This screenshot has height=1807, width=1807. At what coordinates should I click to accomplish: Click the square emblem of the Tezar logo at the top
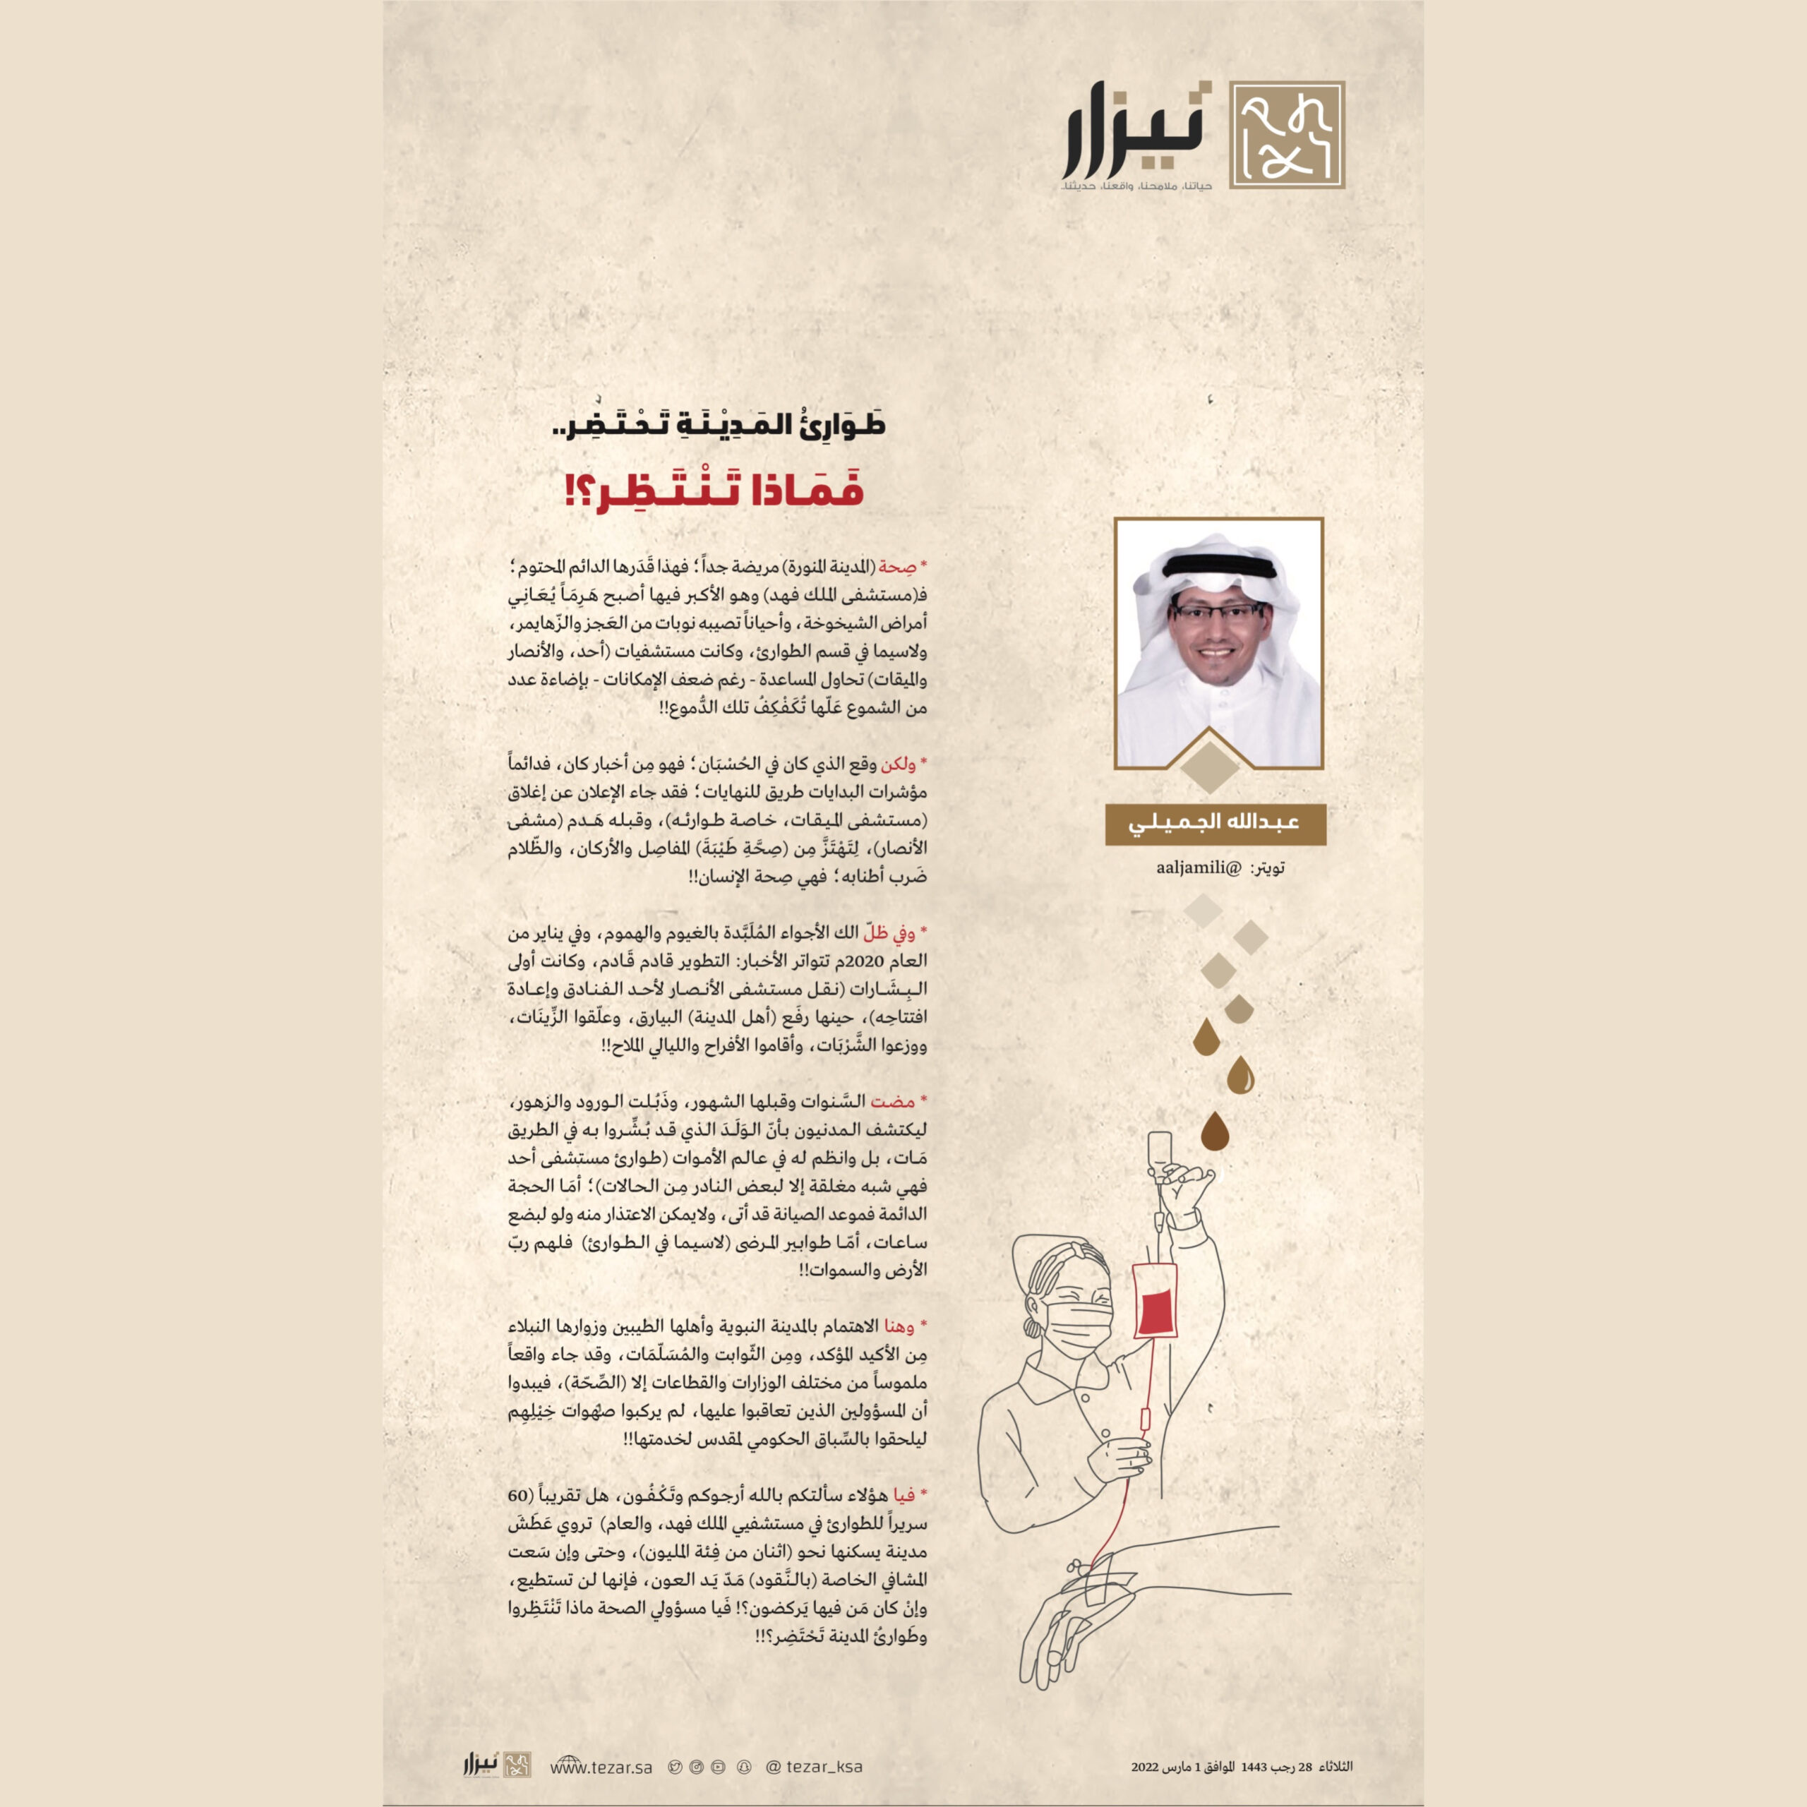[1287, 135]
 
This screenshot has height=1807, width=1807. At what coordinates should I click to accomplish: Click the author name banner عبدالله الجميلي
[1215, 823]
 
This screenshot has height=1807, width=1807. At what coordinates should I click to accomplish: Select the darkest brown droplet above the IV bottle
[1214, 1131]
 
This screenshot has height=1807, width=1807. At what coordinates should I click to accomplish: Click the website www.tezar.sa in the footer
[601, 1767]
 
